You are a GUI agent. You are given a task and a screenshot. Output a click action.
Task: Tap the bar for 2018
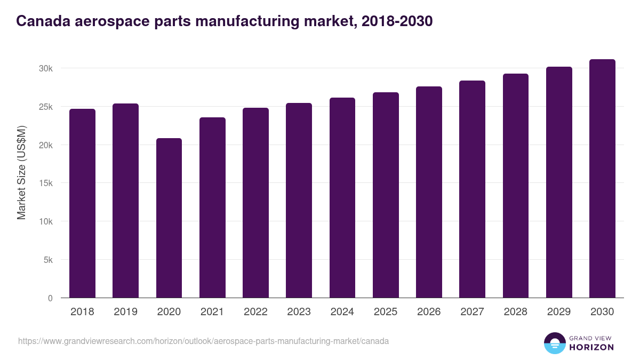coord(82,203)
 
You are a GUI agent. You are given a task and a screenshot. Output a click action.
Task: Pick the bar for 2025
coord(386,195)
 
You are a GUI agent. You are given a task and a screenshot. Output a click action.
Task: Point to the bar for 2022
coord(255,203)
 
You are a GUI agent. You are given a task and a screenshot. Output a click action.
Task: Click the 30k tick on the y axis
coord(45,68)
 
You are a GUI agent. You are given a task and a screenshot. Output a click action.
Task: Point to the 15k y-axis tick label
coord(45,183)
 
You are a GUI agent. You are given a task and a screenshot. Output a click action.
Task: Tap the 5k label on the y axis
coord(47,260)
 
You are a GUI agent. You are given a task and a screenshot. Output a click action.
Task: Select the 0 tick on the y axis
coord(50,298)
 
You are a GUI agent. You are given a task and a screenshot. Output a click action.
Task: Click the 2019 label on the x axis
coord(125,312)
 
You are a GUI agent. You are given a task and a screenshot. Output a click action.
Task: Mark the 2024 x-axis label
coord(342,312)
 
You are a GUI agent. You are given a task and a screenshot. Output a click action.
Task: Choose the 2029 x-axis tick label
coord(559,312)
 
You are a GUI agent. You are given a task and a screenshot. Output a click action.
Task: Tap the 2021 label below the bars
coord(212,312)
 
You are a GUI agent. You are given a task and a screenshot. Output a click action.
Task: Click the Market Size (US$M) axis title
coord(21,172)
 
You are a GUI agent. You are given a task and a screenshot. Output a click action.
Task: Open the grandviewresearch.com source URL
coord(203,341)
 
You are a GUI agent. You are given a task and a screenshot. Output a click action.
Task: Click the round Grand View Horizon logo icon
coord(554,343)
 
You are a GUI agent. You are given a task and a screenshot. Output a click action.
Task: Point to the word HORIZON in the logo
coord(592,347)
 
